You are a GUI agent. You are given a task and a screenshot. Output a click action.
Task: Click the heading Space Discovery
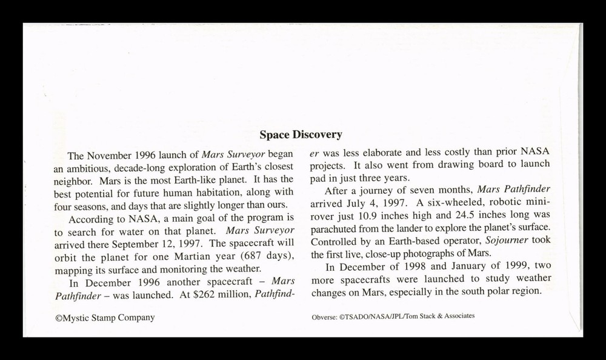click(x=301, y=135)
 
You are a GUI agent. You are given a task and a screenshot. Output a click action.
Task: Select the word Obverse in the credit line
click(x=323, y=316)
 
